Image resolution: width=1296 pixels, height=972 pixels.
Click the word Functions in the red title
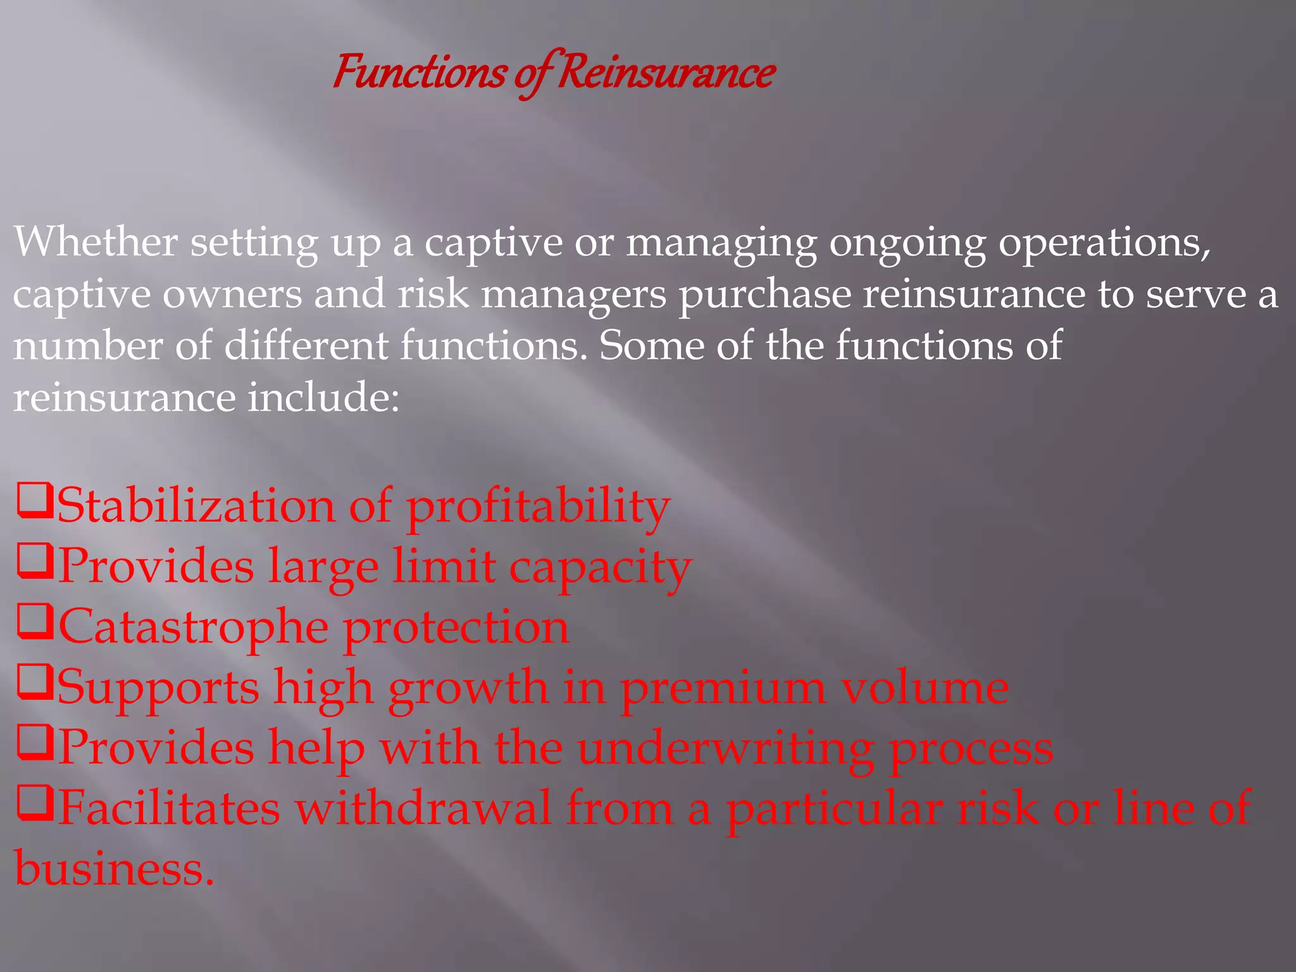point(419,72)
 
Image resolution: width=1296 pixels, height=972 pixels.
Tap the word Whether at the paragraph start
point(95,242)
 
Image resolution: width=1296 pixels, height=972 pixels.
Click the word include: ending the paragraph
point(323,397)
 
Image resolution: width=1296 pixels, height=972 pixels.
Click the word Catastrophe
point(194,626)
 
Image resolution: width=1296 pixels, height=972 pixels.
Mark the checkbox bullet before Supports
point(34,682)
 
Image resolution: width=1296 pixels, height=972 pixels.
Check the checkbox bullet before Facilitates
point(34,804)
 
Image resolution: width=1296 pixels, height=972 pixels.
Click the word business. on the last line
point(114,868)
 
